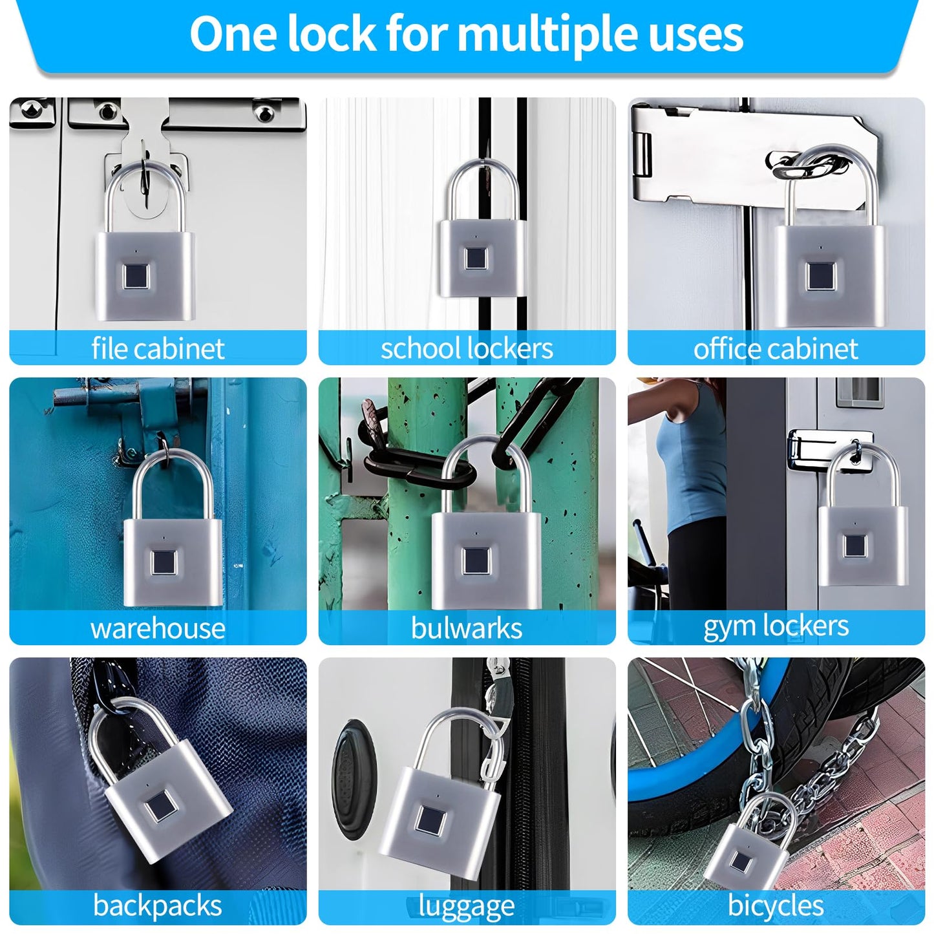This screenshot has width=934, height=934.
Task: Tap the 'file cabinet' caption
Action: (x=158, y=348)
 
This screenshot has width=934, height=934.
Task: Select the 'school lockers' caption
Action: (x=467, y=348)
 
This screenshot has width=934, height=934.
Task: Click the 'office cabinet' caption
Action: (x=776, y=348)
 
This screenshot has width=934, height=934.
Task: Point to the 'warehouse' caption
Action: (x=158, y=628)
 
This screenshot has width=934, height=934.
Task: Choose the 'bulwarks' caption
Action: (x=467, y=628)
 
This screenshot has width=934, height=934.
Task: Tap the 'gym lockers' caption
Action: (x=776, y=626)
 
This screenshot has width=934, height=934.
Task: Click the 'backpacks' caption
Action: (x=158, y=906)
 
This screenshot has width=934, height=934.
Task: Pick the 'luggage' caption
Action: (x=467, y=906)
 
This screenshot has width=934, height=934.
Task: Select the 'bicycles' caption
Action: (x=776, y=906)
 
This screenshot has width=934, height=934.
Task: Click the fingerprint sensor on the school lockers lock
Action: (x=477, y=259)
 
